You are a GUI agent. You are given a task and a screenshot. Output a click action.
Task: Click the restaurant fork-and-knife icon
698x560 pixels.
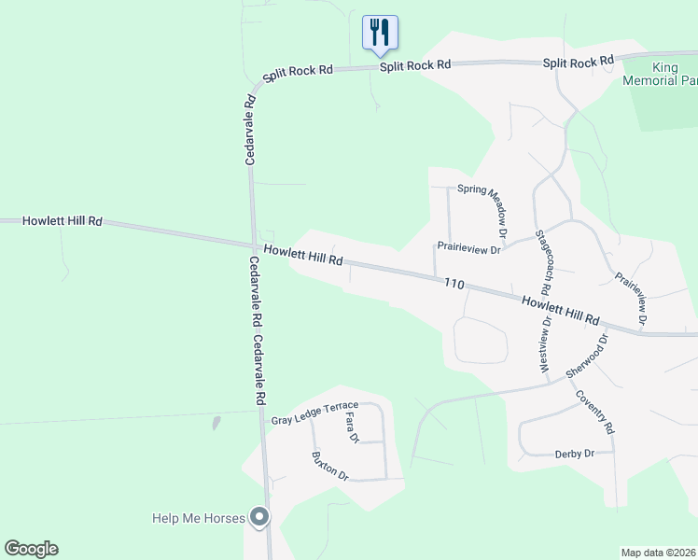tap(380, 32)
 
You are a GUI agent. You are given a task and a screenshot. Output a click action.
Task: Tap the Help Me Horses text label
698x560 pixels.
tap(199, 518)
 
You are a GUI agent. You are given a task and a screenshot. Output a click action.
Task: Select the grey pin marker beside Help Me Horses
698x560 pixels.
tap(260, 516)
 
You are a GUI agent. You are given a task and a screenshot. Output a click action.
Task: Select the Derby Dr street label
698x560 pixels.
tap(575, 454)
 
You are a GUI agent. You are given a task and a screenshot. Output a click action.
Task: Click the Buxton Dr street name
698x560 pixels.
tap(330, 467)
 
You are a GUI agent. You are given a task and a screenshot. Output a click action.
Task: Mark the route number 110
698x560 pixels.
tap(454, 283)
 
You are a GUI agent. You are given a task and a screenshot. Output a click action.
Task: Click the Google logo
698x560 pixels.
tap(31, 549)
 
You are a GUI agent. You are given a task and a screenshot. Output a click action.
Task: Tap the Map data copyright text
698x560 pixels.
tap(658, 553)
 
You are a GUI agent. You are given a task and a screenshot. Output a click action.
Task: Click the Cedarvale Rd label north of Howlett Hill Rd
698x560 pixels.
tap(250, 131)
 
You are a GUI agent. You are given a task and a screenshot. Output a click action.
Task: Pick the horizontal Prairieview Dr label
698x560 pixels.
tap(469, 249)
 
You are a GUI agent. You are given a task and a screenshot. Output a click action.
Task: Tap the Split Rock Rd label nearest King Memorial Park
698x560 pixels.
tap(579, 63)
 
